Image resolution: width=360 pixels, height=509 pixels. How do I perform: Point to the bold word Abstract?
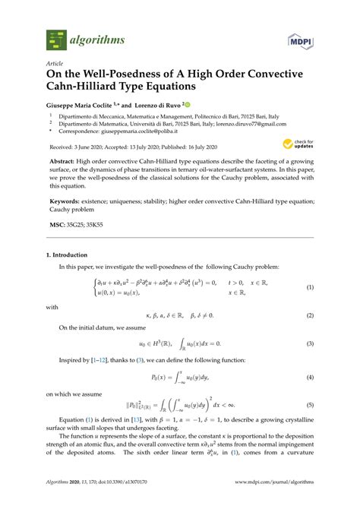[x=65, y=162]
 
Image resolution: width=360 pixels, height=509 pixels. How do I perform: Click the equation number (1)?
[x=309, y=287]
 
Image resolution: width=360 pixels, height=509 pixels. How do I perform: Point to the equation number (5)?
[x=309, y=404]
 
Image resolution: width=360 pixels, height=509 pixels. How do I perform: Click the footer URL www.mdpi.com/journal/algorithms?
[x=268, y=481]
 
